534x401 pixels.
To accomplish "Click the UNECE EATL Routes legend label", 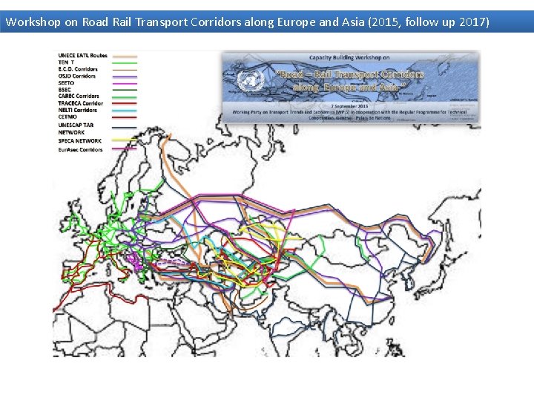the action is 82,56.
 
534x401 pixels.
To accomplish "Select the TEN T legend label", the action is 66,62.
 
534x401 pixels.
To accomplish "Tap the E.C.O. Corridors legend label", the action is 78,69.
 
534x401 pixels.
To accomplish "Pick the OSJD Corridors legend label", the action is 77,76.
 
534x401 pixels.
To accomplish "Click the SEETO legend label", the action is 66,82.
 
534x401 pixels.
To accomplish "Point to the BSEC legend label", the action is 65,89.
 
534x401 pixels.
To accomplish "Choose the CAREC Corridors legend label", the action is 79,96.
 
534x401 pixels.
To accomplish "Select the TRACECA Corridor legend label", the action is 80,103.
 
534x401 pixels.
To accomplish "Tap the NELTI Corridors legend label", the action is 78,110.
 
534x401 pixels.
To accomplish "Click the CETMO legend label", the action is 67,117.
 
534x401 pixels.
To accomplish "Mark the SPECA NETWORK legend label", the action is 79,140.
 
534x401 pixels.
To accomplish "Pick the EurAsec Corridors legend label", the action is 80,150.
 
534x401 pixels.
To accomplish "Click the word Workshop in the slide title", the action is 33,22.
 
